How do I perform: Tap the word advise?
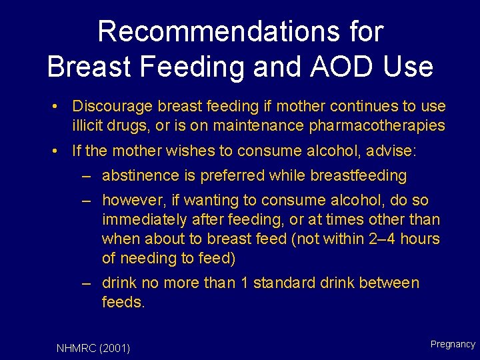coord(393,151)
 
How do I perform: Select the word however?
coord(130,201)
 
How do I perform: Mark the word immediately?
coord(141,219)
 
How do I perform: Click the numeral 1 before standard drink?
coord(245,283)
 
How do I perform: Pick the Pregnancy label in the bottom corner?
coord(453,345)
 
